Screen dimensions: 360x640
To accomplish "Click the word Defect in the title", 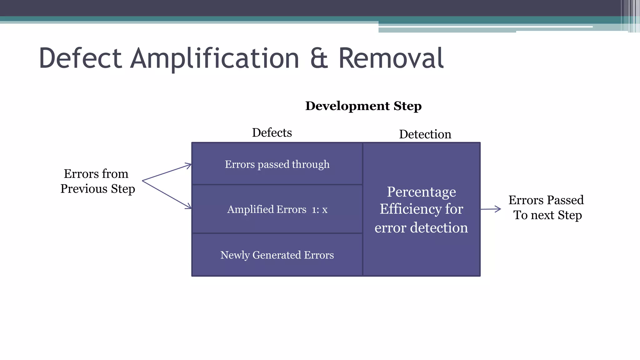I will tap(80, 58).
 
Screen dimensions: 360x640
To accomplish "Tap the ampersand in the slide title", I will tap(319, 58).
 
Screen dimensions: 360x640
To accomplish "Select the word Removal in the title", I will tap(391, 58).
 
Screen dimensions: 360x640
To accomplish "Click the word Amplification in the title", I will tap(215, 58).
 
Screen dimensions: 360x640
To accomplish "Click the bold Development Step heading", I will tap(363, 106).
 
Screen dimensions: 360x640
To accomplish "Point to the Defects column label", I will tap(272, 133).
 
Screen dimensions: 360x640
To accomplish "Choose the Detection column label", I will tap(425, 134).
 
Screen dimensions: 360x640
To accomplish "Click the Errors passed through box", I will tap(277, 164).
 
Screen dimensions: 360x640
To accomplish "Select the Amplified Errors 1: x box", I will tap(277, 209).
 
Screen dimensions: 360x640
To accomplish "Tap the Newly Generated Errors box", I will tap(277, 255).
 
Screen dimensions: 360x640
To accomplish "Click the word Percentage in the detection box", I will tap(421, 192).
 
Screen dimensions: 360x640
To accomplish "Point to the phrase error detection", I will tap(421, 227).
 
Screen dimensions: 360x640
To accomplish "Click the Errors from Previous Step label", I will tap(97, 181).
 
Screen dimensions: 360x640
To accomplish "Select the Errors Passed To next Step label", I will tap(546, 207).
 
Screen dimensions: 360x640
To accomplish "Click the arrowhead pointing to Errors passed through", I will tap(188, 165).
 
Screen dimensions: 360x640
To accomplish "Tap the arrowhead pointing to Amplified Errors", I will tap(188, 207).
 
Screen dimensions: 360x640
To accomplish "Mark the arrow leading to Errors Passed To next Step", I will tap(491, 209).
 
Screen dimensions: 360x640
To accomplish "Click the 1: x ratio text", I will tap(319, 209).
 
